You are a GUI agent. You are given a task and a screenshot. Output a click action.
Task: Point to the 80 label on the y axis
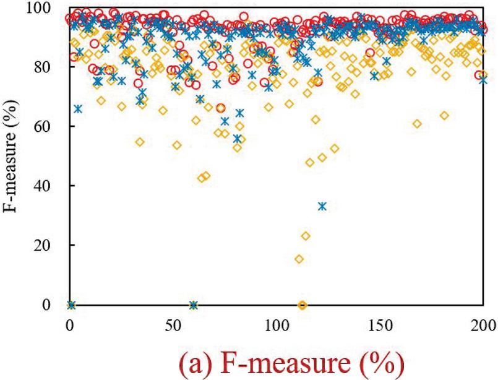pyautogui.click(x=50, y=67)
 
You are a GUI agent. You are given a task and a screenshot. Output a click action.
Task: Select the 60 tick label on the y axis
pyautogui.click(x=50, y=126)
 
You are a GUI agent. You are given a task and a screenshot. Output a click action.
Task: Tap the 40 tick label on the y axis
pyautogui.click(x=50, y=186)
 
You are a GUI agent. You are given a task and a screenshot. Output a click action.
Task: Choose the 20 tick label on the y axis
pyautogui.click(x=50, y=245)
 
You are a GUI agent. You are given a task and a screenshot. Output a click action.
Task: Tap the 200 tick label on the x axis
pyautogui.click(x=483, y=324)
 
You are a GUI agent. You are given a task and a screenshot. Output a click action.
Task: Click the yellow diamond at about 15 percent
pyautogui.click(x=299, y=259)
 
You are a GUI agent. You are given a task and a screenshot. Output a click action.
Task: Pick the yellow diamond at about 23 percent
pyautogui.click(x=306, y=236)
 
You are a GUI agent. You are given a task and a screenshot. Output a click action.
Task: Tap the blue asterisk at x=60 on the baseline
pyautogui.click(x=194, y=304)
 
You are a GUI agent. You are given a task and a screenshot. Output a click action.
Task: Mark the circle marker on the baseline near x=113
pyautogui.click(x=303, y=304)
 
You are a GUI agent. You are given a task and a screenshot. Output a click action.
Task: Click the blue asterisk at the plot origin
pyautogui.click(x=71, y=304)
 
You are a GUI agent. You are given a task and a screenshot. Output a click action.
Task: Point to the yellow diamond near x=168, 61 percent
pyautogui.click(x=418, y=124)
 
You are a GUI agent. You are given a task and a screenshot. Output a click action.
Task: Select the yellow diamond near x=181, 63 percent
pyautogui.click(x=444, y=116)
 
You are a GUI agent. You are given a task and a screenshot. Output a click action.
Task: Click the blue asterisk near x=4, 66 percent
pyautogui.click(x=78, y=108)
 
